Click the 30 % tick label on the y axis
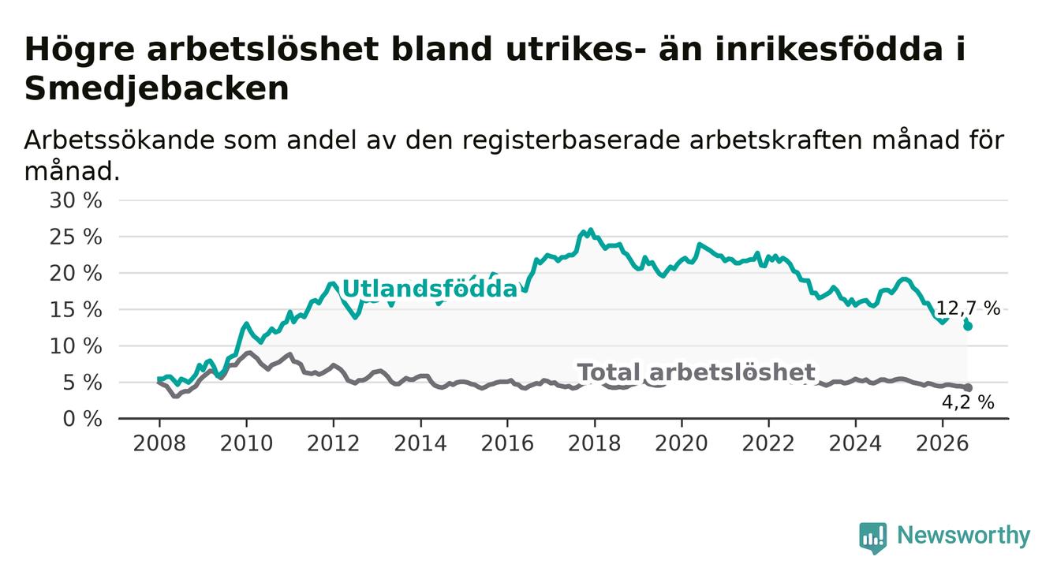tap(76, 200)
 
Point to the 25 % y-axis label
tap(76, 237)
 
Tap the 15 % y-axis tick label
tap(76, 310)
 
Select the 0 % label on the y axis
tap(82, 419)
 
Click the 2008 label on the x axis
tap(159, 444)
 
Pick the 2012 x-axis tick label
tap(333, 444)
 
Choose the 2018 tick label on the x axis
tap(595, 444)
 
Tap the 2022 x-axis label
tap(768, 444)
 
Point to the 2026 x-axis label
tap(943, 444)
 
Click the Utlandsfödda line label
tap(430, 289)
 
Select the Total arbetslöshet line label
tap(696, 372)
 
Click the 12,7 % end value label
tap(968, 308)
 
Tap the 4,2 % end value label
tap(968, 402)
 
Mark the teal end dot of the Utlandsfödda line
tap(968, 326)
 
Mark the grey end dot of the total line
tap(968, 387)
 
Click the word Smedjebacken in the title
tap(157, 88)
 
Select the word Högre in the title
tap(80, 50)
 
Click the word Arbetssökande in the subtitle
tap(119, 140)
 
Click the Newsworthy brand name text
tap(964, 536)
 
